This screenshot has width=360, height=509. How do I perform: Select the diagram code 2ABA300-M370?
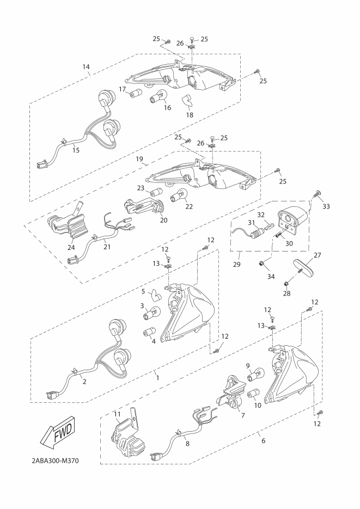pyautogui.click(x=56, y=461)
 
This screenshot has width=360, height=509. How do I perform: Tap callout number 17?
pyautogui.click(x=122, y=89)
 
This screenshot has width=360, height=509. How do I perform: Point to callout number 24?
pyautogui.click(x=71, y=247)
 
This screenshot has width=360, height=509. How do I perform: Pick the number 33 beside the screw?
pyautogui.click(x=326, y=206)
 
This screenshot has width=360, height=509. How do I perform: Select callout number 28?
pyautogui.click(x=286, y=293)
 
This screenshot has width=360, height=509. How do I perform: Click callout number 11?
pyautogui.click(x=117, y=414)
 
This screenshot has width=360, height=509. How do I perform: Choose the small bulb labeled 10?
pyautogui.click(x=254, y=395)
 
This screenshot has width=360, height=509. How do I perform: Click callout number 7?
pyautogui.click(x=243, y=415)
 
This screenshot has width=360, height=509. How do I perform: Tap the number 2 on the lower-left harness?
pyautogui.click(x=84, y=382)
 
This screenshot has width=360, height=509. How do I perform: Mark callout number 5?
pyautogui.click(x=143, y=291)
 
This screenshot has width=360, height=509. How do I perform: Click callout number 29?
pyautogui.click(x=237, y=264)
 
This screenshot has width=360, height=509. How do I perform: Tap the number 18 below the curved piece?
pyautogui.click(x=190, y=114)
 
